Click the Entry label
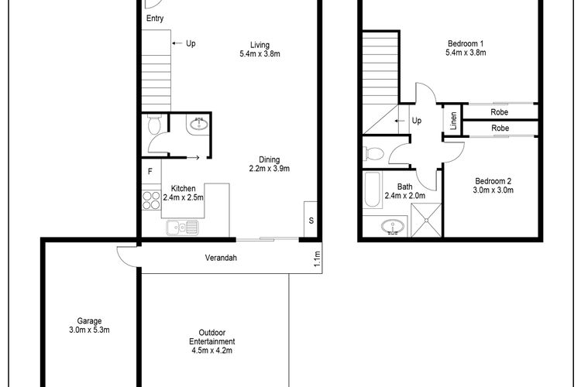tap(155, 18)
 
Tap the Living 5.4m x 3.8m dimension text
tap(260, 53)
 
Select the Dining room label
tap(270, 159)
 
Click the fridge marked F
tap(150, 171)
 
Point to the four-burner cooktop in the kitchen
tap(152, 200)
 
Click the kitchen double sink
tap(182, 228)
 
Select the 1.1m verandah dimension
tap(317, 259)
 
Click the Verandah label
tap(221, 258)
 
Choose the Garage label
tap(89, 321)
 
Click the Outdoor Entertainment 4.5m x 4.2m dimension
tap(212, 351)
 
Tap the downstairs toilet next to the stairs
tap(154, 125)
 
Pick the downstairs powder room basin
tap(199, 124)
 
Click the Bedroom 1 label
tap(466, 43)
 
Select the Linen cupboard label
tap(453, 121)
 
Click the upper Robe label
tap(499, 111)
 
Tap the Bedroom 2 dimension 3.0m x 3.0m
tap(493, 190)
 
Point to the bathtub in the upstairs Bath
tap(373, 190)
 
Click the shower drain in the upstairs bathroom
tap(427, 220)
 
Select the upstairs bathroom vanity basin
tap(392, 226)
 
